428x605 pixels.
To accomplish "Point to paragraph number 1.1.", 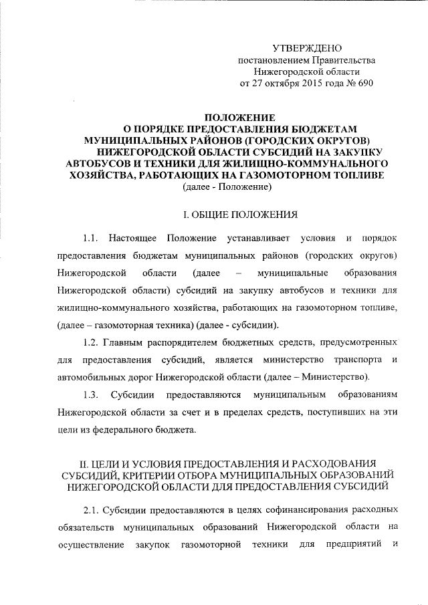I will point(91,239).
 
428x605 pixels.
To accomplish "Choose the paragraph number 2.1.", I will point(91,510).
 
